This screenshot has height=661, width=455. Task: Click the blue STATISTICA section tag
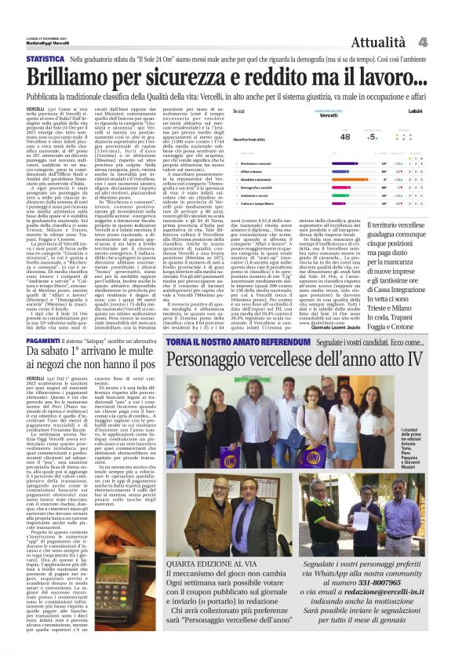point(45,59)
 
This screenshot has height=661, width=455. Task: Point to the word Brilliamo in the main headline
point(76,78)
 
